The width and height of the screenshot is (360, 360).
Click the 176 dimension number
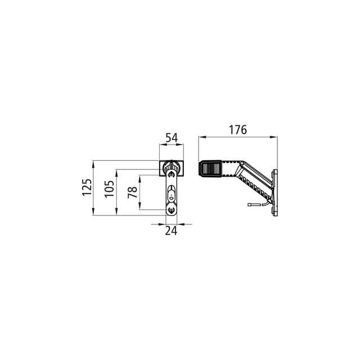coord(238,130)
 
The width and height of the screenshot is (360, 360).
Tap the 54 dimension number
coord(172,138)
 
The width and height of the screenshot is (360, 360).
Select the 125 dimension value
coord(87,187)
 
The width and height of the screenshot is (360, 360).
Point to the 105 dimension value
coord(109,189)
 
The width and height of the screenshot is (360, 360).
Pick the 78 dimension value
coord(133,192)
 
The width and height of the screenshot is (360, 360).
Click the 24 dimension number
coord(171,231)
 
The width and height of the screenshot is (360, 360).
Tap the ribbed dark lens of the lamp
coord(210,169)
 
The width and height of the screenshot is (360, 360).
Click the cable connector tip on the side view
coord(250,204)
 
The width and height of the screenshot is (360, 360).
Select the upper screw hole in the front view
coord(171,175)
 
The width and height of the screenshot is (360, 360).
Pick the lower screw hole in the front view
coord(171,210)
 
